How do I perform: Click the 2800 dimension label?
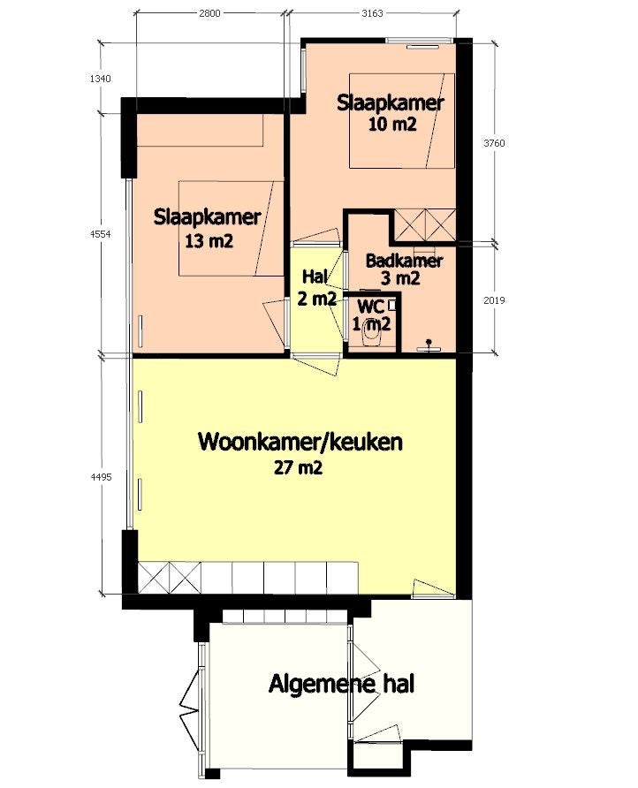tap(209, 13)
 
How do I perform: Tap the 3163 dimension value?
tap(372, 13)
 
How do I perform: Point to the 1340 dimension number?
tap(100, 79)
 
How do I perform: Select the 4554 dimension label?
tap(101, 234)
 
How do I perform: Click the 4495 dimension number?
tap(101, 477)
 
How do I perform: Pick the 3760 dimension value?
tap(494, 143)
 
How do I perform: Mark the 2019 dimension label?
tap(494, 300)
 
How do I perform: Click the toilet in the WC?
tap(373, 333)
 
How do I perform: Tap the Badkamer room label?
tap(404, 261)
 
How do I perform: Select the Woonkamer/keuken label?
tap(300, 442)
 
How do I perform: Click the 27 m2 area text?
tap(298, 468)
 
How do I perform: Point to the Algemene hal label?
tap(341, 684)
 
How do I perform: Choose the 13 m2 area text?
tap(209, 242)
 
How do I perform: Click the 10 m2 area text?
tap(392, 125)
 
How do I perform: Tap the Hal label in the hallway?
tap(315, 277)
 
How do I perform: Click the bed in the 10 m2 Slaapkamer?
tap(402, 121)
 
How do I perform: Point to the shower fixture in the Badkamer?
tap(429, 345)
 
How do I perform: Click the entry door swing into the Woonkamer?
tap(432, 588)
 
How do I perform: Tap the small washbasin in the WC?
tap(393, 305)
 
